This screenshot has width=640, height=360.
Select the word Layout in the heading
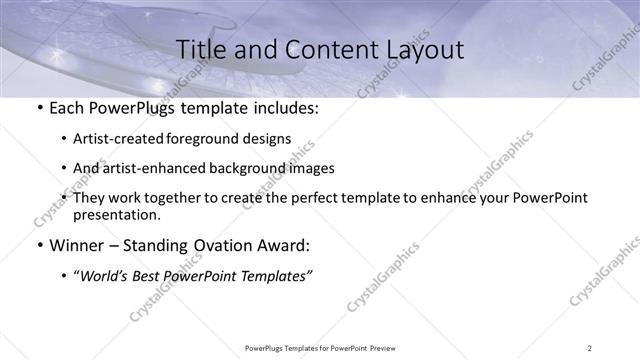[x=419, y=49]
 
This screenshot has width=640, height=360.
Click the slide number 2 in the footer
[x=589, y=347]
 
